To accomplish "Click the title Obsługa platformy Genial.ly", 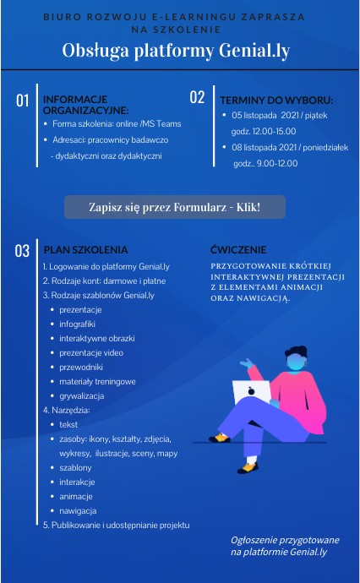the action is [176, 51].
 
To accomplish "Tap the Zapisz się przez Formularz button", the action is [175, 207].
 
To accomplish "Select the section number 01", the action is [23, 101].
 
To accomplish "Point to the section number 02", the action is [197, 97].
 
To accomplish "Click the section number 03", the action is [23, 250].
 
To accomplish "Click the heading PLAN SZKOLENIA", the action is [85, 250].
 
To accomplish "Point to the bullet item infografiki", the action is [78, 324].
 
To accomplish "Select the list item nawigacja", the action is [78, 510].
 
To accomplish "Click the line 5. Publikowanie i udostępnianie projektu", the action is [116, 525].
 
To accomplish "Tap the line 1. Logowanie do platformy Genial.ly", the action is [106, 265].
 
